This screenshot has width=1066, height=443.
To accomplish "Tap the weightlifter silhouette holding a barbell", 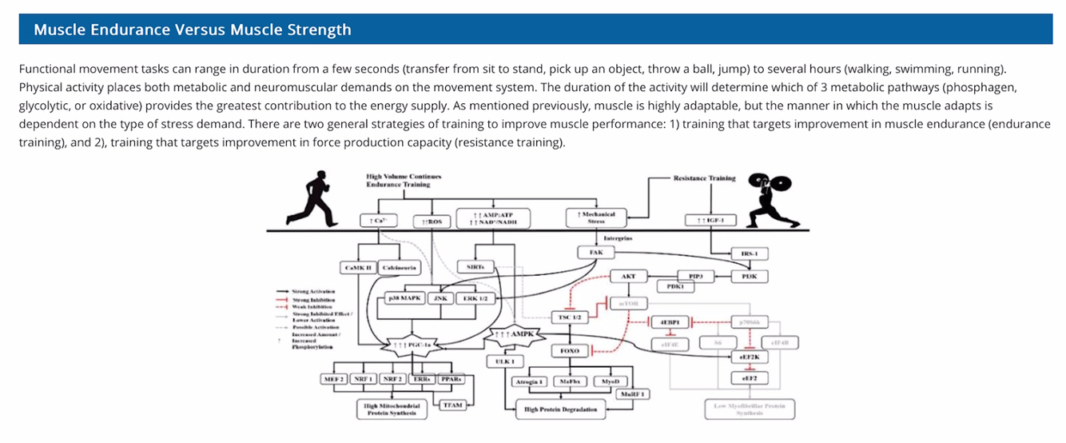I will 769,200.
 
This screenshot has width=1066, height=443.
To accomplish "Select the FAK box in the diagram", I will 595,253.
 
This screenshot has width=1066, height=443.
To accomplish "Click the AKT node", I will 627,276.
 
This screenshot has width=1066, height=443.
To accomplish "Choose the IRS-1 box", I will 749,253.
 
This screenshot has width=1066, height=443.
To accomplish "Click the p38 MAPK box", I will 404,298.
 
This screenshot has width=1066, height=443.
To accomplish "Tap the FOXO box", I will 571,350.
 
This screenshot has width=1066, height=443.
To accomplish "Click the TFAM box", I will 452,405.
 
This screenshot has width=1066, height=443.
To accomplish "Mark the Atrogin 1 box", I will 529,381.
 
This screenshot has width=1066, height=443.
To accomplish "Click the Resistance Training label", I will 704,178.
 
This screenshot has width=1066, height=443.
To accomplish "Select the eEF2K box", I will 749,357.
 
